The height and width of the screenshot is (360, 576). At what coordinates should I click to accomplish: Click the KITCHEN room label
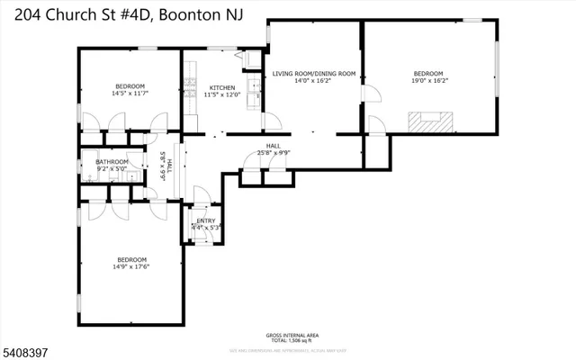coord(221,87)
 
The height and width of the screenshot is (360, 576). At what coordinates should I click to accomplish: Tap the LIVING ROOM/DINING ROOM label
coord(314,73)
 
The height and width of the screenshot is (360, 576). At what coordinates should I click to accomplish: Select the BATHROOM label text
coord(112,162)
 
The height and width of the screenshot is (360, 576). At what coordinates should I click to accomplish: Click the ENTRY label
coord(206,220)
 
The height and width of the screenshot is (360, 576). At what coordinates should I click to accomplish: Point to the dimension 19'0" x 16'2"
coord(427,80)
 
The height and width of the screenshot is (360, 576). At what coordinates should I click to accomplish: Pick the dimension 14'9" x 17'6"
coord(130,265)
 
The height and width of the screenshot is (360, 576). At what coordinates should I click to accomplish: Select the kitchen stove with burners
coord(190,88)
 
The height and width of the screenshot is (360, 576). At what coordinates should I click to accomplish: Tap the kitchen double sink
coord(256,87)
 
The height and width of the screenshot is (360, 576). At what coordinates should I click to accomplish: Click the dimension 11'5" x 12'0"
coord(221,94)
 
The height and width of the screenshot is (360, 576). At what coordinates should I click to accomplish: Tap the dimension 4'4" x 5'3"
coord(206,228)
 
